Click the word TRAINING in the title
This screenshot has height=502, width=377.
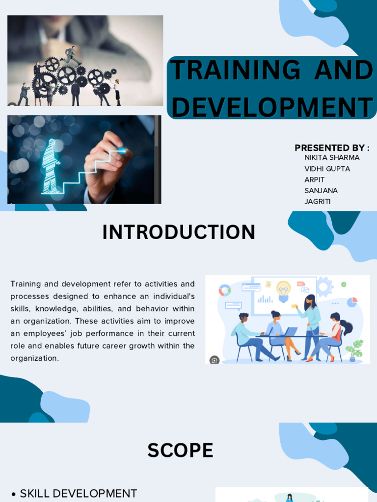click(236, 70)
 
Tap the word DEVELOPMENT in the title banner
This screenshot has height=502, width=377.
click(272, 107)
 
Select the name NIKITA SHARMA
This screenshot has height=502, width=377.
click(332, 157)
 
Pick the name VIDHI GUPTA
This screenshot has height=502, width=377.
click(327, 169)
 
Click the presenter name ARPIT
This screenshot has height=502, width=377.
click(314, 179)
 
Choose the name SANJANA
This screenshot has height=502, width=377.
click(321, 190)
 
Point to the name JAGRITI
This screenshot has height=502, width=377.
click(318, 201)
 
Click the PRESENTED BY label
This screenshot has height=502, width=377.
click(332, 148)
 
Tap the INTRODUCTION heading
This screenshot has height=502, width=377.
click(179, 232)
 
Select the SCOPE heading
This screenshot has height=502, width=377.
click(180, 451)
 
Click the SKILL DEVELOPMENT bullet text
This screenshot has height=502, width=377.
click(78, 493)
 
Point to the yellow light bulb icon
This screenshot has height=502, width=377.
click(283, 290)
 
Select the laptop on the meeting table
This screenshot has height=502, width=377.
click(291, 332)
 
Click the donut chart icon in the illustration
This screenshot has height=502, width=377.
click(225, 290)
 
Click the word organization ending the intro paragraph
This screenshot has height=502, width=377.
click(34, 358)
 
